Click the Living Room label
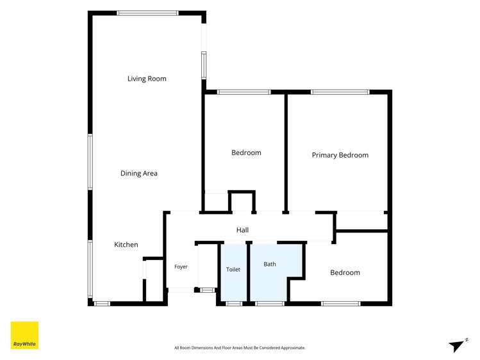click(x=147, y=79)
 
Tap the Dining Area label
click(x=139, y=173)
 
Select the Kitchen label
click(x=126, y=245)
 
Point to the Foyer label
click(x=181, y=266)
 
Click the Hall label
click(x=242, y=230)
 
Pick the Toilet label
click(x=233, y=270)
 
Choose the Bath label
click(x=270, y=264)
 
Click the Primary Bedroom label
click(x=340, y=155)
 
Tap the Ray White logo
click(x=24, y=335)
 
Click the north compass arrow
click(x=458, y=345)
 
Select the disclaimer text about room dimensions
click(x=240, y=348)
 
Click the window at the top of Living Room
click(x=147, y=13)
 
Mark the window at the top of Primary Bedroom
click(x=340, y=92)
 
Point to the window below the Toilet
click(x=234, y=304)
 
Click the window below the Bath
click(x=270, y=304)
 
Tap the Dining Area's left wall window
click(x=90, y=162)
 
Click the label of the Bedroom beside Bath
click(x=345, y=272)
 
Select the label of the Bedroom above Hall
click(x=247, y=152)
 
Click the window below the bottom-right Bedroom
click(x=341, y=304)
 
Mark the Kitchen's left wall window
click(x=90, y=269)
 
